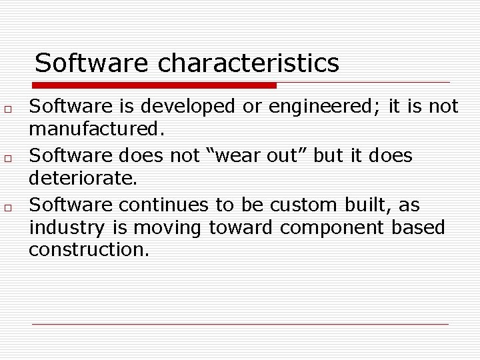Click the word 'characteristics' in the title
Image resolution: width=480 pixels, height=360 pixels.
point(249,64)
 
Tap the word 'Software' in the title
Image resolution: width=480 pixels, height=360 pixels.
point(91,64)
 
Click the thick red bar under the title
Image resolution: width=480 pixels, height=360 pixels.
point(155,85)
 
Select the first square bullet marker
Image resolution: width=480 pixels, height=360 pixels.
point(5,108)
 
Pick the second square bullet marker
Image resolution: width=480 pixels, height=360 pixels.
point(5,158)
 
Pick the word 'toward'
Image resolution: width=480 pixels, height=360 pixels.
point(241,227)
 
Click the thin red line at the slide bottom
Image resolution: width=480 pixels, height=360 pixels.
point(240,324)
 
